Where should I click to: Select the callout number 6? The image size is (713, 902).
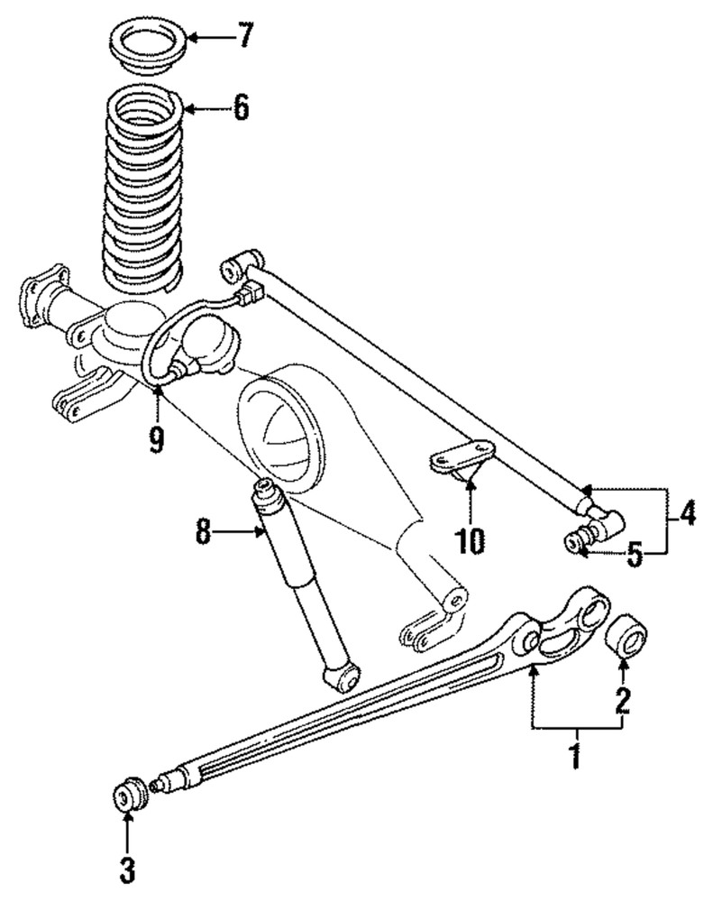tap(239, 108)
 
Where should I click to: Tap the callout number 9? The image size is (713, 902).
tap(156, 440)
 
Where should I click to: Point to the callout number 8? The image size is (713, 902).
tap(203, 531)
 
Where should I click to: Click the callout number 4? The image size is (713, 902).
tap(689, 515)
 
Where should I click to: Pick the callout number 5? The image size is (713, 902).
tap(635, 553)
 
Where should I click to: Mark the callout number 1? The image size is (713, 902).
tap(575, 755)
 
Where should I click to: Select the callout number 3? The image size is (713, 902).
tap(126, 870)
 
